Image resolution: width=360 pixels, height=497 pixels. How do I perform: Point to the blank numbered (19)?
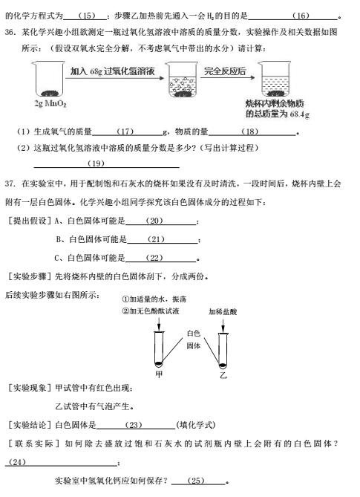coord(96,163)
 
